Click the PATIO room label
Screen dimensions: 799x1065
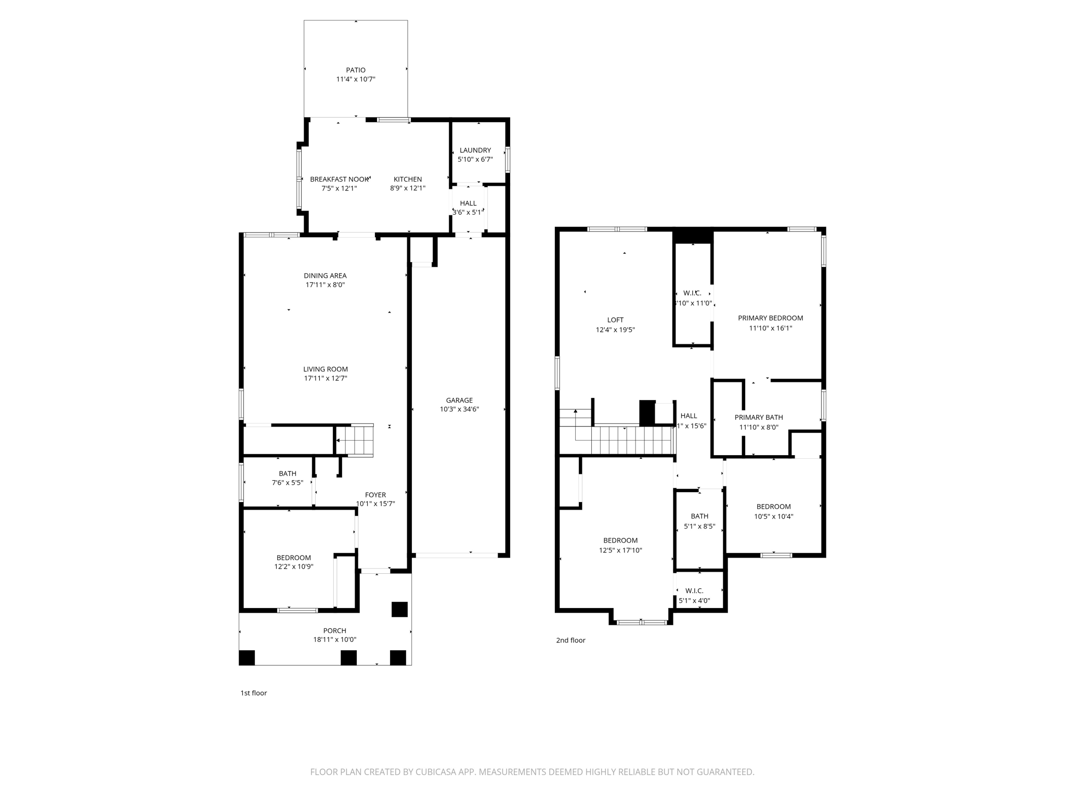356,70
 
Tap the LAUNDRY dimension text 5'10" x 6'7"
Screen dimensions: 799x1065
475,160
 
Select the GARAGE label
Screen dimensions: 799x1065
459,400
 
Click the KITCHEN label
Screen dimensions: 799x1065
408,179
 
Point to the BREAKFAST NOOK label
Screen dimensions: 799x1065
339,179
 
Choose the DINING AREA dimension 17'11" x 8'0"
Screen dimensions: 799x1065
325,285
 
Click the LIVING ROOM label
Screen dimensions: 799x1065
326,369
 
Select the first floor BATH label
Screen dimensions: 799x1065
288,473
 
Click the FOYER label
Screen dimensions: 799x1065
375,495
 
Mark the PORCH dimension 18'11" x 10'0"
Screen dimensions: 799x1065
335,640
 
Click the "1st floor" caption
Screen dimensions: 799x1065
254,693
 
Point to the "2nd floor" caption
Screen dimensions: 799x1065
570,640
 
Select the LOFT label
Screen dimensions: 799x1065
615,320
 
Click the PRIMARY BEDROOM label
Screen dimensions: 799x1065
770,318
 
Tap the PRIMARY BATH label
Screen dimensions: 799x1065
759,417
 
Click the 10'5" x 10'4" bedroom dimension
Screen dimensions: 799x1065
774,517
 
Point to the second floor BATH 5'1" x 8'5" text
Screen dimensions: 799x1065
699,526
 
